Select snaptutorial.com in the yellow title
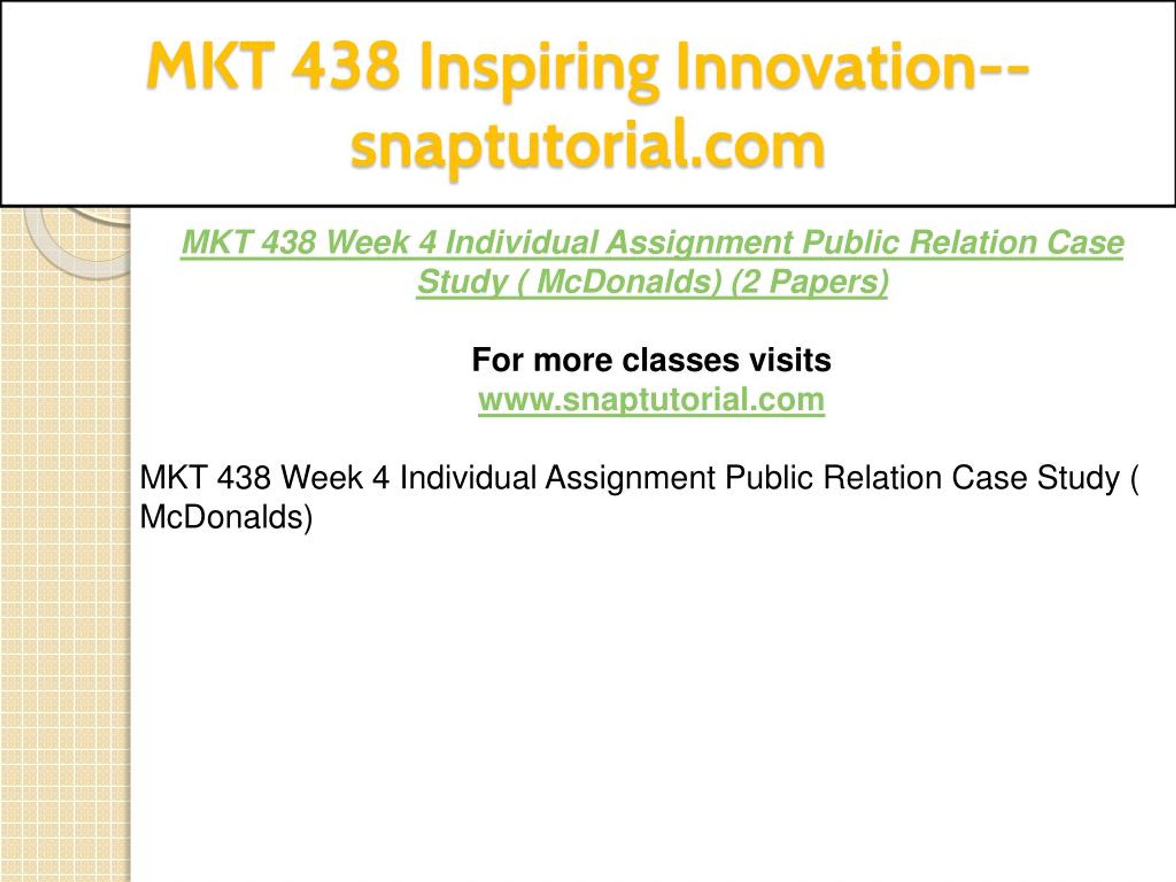click(588, 146)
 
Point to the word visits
click(791, 360)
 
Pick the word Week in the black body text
click(322, 477)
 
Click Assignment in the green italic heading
click(699, 243)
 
